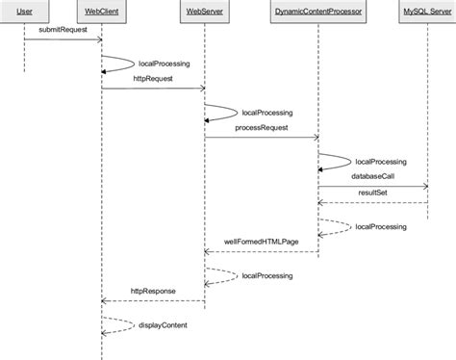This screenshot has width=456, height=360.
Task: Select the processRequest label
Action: point(261,127)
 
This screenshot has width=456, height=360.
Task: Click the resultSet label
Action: point(372,193)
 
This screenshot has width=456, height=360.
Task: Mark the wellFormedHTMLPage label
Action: point(261,243)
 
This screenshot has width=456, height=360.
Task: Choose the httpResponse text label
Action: point(153,291)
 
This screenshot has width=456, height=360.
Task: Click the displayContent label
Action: point(162,324)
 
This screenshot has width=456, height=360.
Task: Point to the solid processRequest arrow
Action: point(261,138)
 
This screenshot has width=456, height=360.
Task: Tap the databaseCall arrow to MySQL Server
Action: point(372,186)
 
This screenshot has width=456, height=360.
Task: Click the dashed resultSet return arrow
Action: point(372,203)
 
